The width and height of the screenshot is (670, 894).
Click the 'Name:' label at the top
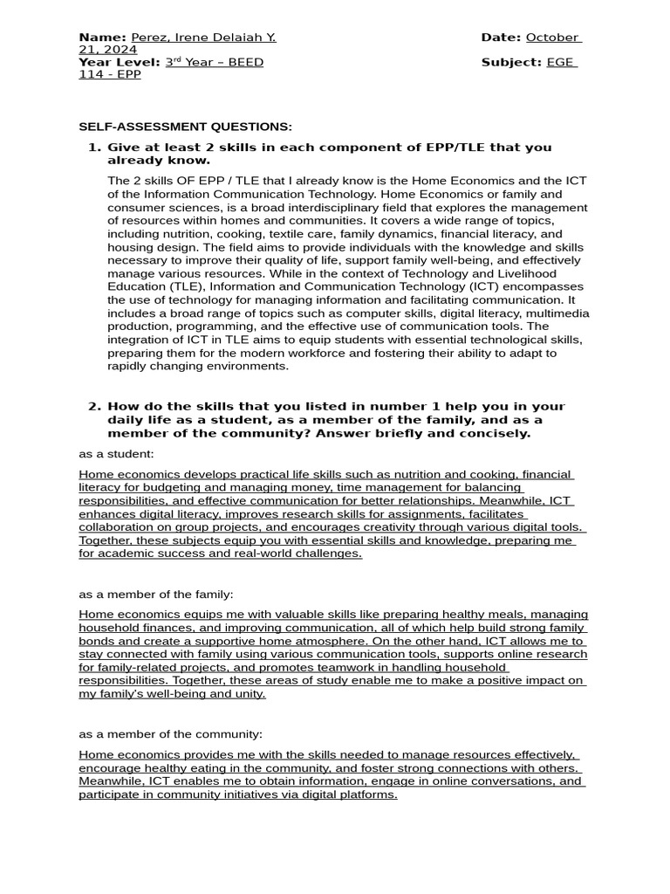pos(103,38)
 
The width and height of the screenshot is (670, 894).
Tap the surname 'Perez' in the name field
pos(149,38)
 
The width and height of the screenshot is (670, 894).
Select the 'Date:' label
pos(501,38)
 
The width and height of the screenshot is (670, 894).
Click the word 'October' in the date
pos(551,38)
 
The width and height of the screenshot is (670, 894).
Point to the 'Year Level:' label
pos(120,62)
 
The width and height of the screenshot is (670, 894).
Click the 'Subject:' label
pos(511,62)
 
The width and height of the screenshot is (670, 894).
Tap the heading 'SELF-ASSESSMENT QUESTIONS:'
pos(185,127)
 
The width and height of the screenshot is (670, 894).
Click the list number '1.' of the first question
pos(95,148)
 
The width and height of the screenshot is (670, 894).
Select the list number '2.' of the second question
pos(95,407)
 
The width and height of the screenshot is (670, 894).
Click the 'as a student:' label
pos(116,454)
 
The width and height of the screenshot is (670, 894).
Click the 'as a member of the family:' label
pos(156,594)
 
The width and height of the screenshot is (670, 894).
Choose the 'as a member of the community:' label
pos(170,734)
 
